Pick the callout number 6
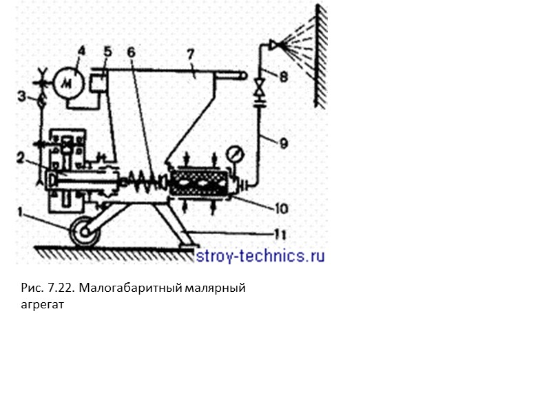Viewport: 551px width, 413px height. pos(132,53)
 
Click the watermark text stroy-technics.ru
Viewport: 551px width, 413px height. pos(260,256)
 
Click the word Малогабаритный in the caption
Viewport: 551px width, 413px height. pos(131,288)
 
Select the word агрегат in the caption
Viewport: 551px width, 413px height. pos(42,304)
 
